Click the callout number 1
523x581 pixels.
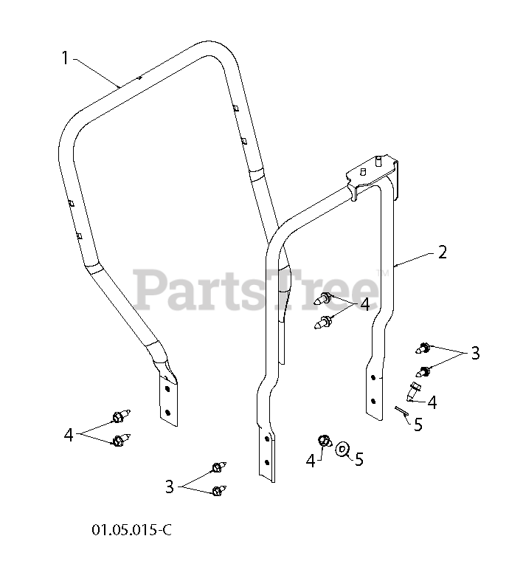pos(65,58)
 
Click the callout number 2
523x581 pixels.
pos(442,252)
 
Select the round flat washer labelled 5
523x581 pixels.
pos(342,448)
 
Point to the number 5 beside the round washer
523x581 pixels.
pos(359,459)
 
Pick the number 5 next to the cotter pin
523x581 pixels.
pos(418,425)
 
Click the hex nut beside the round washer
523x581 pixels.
pos(323,441)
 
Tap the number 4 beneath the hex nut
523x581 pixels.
pos(311,461)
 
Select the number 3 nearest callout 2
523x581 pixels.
pos(475,353)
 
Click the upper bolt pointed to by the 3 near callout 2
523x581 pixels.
pos(424,347)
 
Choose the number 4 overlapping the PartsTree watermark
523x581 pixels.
pos(364,304)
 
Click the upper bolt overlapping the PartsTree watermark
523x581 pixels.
pos(325,299)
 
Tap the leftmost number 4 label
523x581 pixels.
pos(69,435)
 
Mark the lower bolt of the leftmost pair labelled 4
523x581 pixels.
pos(119,441)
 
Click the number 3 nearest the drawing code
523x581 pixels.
pos(170,487)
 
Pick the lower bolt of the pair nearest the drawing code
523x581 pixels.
pos(218,491)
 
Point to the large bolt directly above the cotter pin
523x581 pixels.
pos(414,388)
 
